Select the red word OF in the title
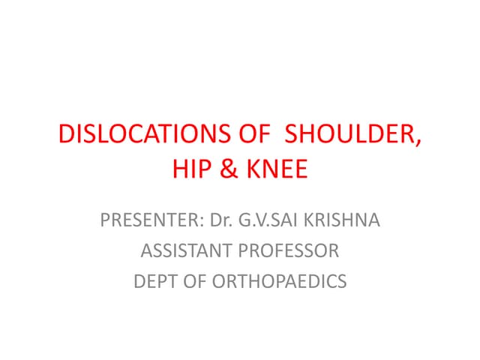coord(253,135)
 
